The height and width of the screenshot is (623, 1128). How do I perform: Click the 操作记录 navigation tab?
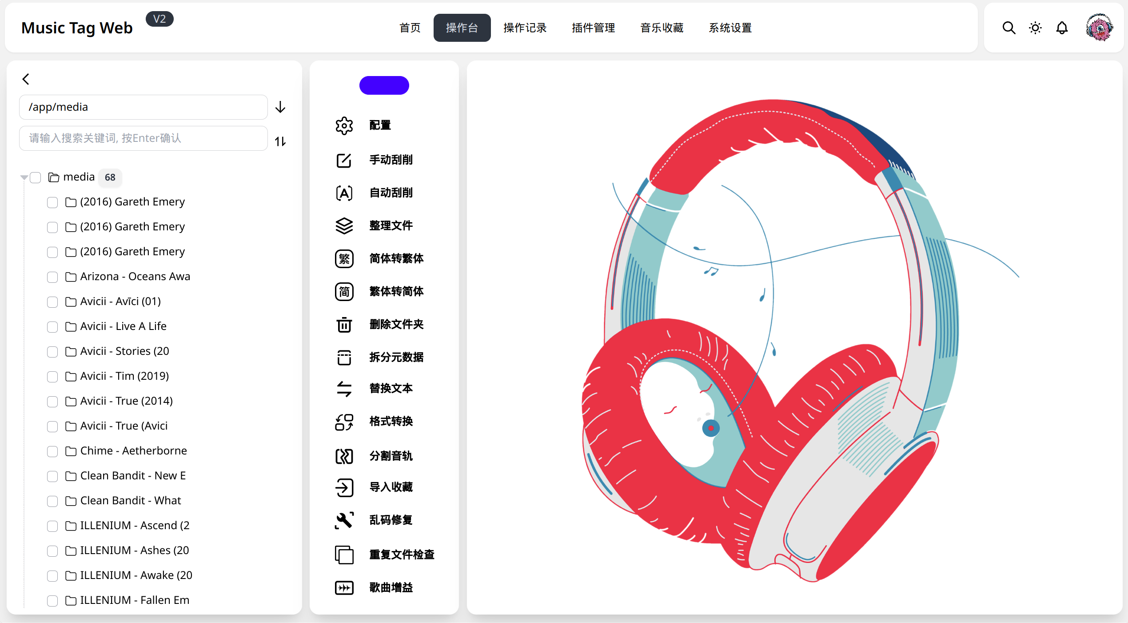pos(525,28)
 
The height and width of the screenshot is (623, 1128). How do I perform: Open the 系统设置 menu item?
pos(730,28)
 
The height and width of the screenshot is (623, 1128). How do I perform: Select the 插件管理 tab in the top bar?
pos(593,28)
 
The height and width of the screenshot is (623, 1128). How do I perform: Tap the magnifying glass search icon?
pos(1009,28)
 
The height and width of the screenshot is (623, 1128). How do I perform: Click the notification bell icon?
pos(1062,28)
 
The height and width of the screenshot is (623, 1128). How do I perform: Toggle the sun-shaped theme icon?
pos(1035,28)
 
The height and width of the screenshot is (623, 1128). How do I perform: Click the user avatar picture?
pos(1100,28)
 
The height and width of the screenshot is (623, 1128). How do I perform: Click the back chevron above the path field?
pos(26,79)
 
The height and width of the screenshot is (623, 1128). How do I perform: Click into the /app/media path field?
pos(143,107)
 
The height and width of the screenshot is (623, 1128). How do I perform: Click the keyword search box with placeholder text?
pos(143,138)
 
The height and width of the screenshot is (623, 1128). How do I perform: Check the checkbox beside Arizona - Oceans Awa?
pos(52,277)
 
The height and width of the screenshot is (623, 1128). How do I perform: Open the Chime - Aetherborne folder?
pos(133,450)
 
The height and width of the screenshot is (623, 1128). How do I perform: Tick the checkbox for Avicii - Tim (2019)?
pos(52,377)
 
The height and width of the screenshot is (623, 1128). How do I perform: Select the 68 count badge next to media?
pos(110,177)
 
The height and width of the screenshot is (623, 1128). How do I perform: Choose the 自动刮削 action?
pos(391,193)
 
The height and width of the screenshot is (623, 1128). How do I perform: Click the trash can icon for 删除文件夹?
pos(344,325)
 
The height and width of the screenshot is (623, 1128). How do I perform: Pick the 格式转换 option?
pos(391,421)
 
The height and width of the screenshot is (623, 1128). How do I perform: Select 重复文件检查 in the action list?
pos(402,555)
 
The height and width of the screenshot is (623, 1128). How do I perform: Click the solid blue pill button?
pos(384,85)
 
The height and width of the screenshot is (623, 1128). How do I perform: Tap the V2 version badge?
pos(159,19)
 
